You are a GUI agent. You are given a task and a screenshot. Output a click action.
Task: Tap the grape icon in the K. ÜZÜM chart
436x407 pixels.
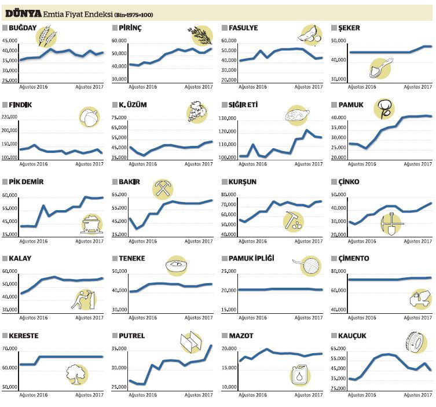click(x=197, y=112)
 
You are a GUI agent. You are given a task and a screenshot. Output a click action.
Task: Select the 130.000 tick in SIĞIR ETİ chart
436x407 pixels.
click(x=230, y=119)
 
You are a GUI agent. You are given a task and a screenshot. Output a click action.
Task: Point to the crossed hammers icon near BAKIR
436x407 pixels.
click(x=162, y=189)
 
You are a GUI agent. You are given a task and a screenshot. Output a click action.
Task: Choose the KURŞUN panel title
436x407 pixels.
click(x=243, y=182)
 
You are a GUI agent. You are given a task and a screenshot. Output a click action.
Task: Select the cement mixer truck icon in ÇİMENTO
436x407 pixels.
click(x=420, y=299)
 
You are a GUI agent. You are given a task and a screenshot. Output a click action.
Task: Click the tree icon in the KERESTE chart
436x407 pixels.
click(x=76, y=373)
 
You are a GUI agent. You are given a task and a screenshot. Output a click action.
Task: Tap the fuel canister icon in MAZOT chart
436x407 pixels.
click(x=300, y=375)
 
